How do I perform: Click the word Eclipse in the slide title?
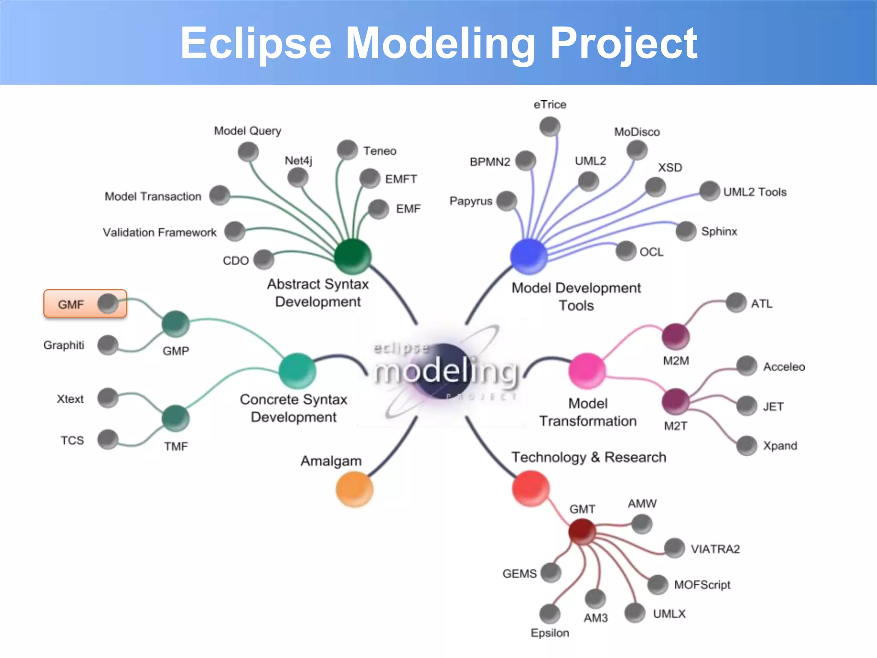click(256, 44)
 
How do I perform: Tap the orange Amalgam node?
click(354, 489)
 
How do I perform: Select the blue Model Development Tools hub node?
click(529, 256)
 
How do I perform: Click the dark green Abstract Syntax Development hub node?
click(352, 256)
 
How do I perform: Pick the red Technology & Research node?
click(531, 488)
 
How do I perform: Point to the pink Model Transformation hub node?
click(587, 371)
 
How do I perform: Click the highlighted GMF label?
click(71, 305)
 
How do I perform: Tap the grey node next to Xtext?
click(107, 398)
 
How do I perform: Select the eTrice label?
click(550, 105)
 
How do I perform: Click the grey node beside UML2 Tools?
click(709, 191)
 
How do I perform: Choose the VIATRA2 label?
click(715, 549)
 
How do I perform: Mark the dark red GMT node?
click(582, 531)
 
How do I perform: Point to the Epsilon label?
click(550, 633)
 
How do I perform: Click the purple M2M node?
click(675, 336)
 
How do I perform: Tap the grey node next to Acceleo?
click(747, 366)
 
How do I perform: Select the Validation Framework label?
click(160, 232)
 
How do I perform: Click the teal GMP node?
click(176, 324)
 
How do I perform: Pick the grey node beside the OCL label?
click(626, 251)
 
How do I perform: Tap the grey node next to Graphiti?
click(107, 345)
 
